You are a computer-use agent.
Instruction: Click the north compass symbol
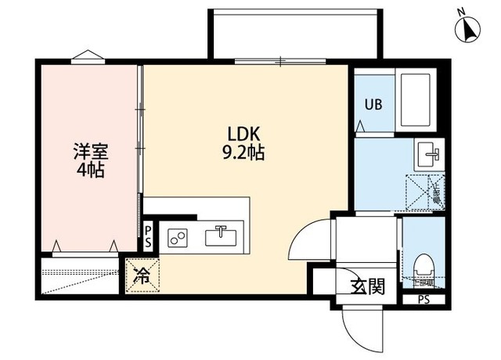coord(468,29)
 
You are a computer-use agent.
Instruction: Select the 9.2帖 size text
coord(243,153)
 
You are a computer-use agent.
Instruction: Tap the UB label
coord(371,105)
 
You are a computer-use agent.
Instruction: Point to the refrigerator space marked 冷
coord(142,276)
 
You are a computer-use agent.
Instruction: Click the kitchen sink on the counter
coord(222,235)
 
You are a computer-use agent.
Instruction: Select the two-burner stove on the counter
coord(178,236)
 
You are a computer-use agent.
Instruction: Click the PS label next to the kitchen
coord(149,236)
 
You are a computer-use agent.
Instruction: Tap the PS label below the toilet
coord(424,299)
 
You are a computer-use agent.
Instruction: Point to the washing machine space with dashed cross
coord(424,192)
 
